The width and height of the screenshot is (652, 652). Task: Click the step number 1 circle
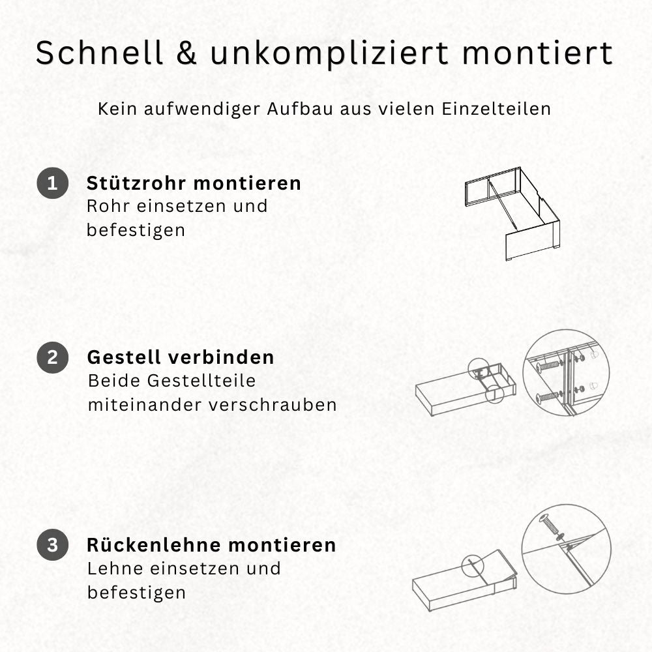click(52, 183)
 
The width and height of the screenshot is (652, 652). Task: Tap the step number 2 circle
click(52, 357)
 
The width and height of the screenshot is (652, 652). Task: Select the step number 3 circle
click(52, 545)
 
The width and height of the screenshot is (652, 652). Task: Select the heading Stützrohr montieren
click(194, 183)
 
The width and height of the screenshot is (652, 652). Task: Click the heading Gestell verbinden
click(181, 357)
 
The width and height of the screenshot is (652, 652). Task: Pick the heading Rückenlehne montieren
click(211, 545)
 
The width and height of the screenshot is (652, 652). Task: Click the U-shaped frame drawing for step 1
click(512, 212)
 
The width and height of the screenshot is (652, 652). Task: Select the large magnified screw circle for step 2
click(566, 372)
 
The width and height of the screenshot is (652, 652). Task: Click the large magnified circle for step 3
click(566, 549)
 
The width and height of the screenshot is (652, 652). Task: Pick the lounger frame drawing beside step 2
click(464, 389)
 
